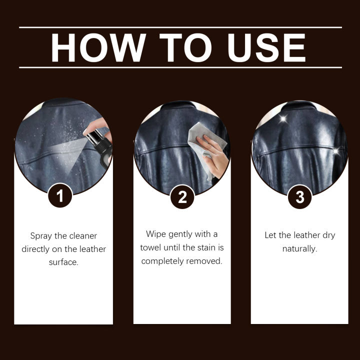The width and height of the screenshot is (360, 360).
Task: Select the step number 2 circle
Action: (x=182, y=196)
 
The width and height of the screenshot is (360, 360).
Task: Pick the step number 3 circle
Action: (x=299, y=196)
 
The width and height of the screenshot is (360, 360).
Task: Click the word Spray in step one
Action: (x=41, y=235)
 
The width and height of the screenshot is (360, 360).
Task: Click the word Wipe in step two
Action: (x=155, y=234)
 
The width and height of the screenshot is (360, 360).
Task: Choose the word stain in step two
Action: (x=202, y=247)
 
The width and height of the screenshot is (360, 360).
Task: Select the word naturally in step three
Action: (x=299, y=248)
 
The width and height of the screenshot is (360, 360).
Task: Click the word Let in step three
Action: (x=270, y=235)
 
